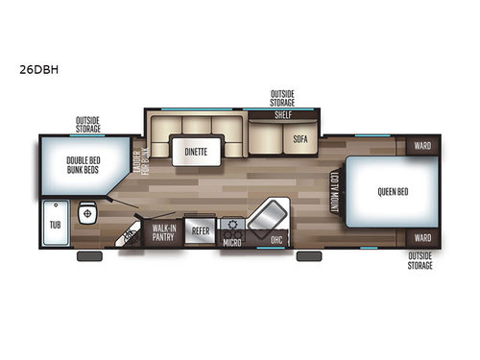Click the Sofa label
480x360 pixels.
300,138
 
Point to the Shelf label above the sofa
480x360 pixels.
283,114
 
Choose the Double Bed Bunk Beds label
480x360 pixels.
83,167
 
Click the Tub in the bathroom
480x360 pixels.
55,227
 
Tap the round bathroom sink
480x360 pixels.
85,212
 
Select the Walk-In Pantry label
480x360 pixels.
162,231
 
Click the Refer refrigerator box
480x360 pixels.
201,231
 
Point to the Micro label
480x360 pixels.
230,242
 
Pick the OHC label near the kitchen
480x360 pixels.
276,239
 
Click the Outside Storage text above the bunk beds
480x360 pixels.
88,124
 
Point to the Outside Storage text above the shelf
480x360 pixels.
282,97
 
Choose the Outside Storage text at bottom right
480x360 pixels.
420,260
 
